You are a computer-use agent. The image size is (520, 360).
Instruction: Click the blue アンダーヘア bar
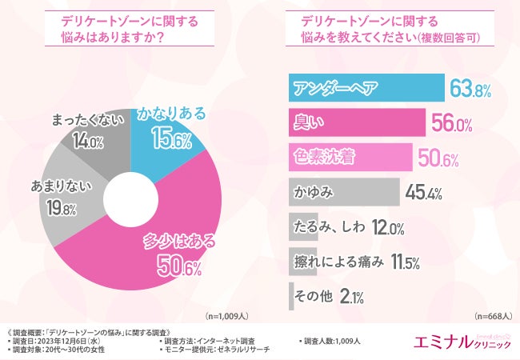365,87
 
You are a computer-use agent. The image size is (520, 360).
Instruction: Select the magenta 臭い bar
356,122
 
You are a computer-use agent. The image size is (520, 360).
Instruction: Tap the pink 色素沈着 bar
349,157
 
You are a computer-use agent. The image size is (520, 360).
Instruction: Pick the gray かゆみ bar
342,193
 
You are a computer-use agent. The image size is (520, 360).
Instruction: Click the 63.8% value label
470,88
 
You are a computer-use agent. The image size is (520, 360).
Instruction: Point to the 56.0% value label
451,123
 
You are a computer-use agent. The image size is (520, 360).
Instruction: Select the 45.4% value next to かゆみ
424,193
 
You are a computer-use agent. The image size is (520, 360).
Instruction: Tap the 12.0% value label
386,228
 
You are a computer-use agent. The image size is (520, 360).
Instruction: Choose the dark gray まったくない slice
88,136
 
